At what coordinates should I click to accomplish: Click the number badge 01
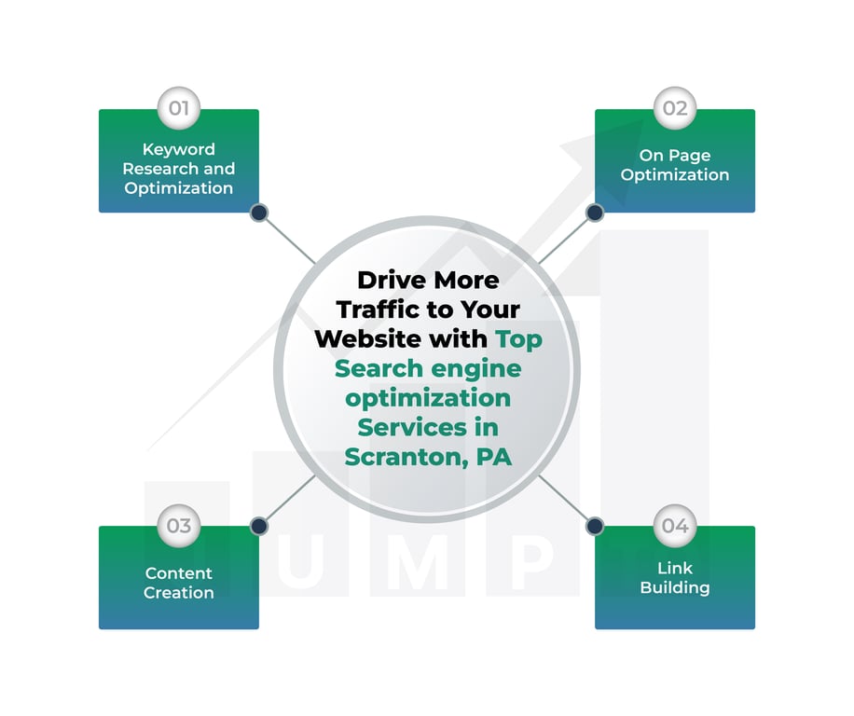[x=179, y=108]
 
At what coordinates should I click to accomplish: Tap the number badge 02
[x=675, y=108]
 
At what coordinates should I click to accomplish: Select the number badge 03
[x=179, y=526]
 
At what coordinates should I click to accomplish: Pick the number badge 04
[x=675, y=526]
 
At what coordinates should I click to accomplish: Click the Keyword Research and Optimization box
[x=179, y=168]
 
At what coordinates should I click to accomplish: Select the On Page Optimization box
[x=675, y=166]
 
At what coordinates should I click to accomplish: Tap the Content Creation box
[x=179, y=583]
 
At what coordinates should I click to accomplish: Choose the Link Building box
[x=675, y=579]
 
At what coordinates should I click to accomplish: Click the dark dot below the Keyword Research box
[x=259, y=213]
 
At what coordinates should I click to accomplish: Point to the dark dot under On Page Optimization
[x=595, y=213]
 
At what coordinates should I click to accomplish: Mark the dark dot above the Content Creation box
[x=259, y=526]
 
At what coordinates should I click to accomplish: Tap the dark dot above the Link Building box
[x=595, y=526]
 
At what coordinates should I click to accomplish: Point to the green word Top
[x=518, y=338]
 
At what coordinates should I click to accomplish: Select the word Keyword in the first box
[x=179, y=149]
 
